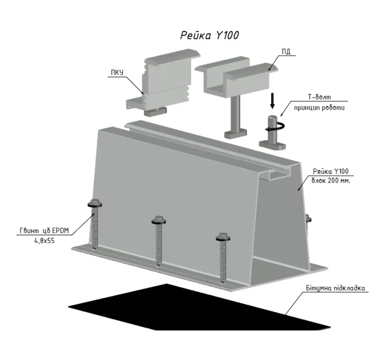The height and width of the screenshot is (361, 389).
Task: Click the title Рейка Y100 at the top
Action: [x=209, y=36]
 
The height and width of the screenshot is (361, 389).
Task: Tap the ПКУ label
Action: [x=117, y=73]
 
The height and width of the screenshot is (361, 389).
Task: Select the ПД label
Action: [x=286, y=52]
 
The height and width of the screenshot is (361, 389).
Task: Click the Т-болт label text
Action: [x=319, y=97]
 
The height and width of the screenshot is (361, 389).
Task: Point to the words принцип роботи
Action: [x=319, y=108]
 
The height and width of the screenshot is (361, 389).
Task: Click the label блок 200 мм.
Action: [x=331, y=180]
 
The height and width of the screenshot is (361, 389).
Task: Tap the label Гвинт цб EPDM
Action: [x=44, y=231]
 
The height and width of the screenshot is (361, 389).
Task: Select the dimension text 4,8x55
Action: [x=45, y=241]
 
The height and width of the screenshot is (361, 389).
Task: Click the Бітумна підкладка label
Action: [x=335, y=288]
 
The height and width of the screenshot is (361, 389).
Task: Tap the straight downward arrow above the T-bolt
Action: [x=272, y=101]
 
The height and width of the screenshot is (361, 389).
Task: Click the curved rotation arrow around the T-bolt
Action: [x=275, y=127]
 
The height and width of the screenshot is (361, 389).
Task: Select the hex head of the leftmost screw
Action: [x=95, y=203]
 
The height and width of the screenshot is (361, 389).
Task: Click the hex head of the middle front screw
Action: [x=159, y=221]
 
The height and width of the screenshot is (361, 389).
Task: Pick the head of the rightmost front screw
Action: [x=223, y=237]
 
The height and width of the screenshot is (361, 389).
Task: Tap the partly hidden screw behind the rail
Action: [x=308, y=219]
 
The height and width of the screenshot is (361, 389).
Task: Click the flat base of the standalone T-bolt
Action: [x=272, y=145]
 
